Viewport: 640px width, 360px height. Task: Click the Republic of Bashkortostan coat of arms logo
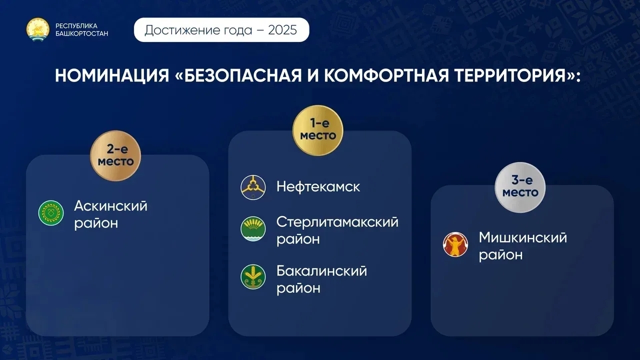tap(38, 29)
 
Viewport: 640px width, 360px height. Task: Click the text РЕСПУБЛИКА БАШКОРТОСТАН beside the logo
tap(81, 29)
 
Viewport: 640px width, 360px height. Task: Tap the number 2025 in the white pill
tap(282, 30)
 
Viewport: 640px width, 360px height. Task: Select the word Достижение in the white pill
tap(181, 30)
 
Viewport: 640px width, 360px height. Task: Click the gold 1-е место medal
tap(318, 130)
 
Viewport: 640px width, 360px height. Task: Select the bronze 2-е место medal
tap(115, 156)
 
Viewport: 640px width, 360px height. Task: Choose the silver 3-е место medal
tap(520, 187)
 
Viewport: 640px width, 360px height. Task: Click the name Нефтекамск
tap(318, 187)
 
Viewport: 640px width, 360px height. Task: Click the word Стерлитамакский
tap(337, 222)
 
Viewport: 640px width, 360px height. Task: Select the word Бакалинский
tap(321, 271)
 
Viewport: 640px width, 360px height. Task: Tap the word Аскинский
tap(111, 206)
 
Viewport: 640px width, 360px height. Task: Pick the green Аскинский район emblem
tap(51, 213)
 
